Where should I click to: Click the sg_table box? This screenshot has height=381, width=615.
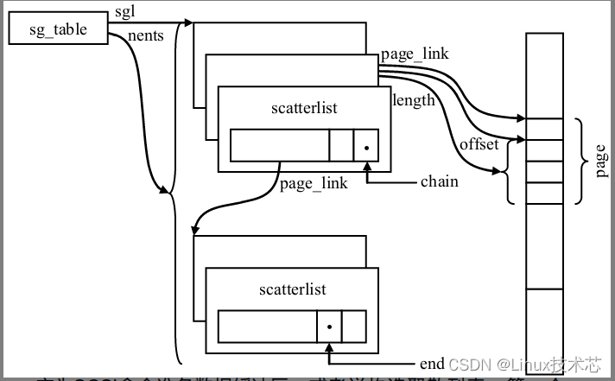coord(59,30)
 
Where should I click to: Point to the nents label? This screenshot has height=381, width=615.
coord(144,36)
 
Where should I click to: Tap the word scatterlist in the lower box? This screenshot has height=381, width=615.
coord(292,289)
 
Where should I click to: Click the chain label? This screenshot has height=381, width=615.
coord(440,181)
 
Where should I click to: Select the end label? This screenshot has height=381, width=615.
coord(432,363)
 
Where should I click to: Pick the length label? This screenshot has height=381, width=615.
coord(414,100)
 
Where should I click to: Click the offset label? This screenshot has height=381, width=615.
coord(479,144)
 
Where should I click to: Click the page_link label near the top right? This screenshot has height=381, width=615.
coord(414,54)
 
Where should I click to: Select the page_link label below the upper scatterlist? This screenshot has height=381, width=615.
coord(314,183)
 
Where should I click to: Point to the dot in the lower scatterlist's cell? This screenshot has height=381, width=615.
coord(329,327)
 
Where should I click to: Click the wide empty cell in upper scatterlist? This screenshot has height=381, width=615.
coord(279,145)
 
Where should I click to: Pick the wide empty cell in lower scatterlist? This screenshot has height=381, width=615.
coord(266,327)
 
